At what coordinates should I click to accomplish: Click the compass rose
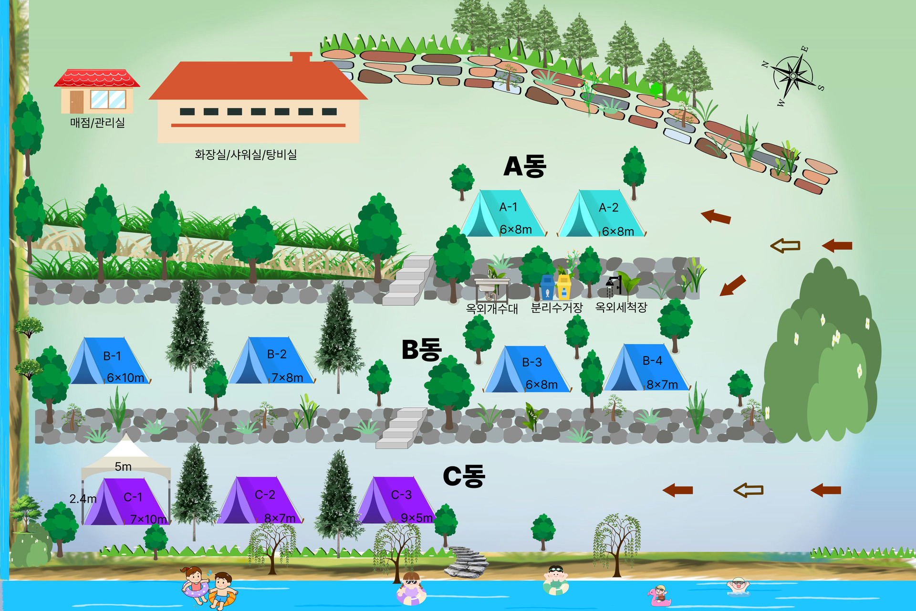pyautogui.click(x=793, y=76)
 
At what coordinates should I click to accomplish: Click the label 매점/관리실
pyautogui.click(x=97, y=123)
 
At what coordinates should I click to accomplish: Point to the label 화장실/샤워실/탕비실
pyautogui.click(x=246, y=154)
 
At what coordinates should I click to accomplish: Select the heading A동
pyautogui.click(x=525, y=167)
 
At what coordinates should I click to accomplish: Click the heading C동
pyautogui.click(x=464, y=476)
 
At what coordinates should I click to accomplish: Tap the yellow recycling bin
pyautogui.click(x=564, y=287)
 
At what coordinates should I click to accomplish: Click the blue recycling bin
pyautogui.click(x=547, y=287)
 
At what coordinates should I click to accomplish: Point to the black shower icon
pyautogui.click(x=613, y=285)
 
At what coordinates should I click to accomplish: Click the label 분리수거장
pyautogui.click(x=557, y=308)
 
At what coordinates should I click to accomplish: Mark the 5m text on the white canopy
pyautogui.click(x=123, y=466)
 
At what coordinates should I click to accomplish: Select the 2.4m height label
pyautogui.click(x=83, y=499)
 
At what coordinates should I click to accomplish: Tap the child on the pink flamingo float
pyautogui.click(x=659, y=595)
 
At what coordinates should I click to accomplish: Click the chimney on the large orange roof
pyautogui.click(x=301, y=57)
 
